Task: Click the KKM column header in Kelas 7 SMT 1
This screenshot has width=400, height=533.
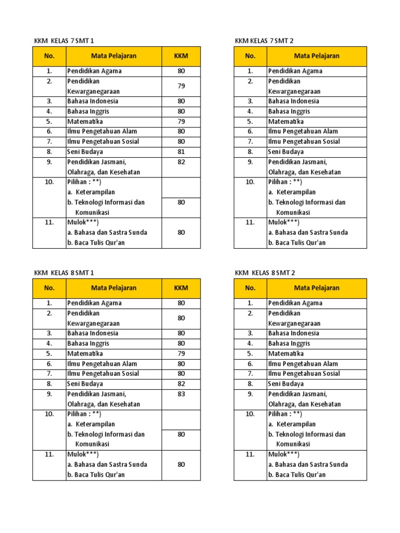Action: coord(181,56)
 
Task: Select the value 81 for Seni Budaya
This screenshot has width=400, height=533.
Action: coord(181,152)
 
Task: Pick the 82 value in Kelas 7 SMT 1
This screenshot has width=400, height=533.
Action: coord(181,162)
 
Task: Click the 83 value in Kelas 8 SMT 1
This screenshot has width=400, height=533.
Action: coord(181,394)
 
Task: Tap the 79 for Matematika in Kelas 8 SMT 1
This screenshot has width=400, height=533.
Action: coord(181,354)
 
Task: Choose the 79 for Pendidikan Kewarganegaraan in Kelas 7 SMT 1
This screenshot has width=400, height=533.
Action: coord(181,86)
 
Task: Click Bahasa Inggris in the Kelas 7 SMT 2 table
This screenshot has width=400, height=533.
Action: coord(289,111)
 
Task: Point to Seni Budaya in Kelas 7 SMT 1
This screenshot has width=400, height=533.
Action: coord(85,152)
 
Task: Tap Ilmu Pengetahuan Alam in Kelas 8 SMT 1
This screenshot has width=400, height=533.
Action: coord(102,364)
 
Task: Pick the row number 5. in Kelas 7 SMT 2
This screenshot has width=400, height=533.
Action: coord(250,121)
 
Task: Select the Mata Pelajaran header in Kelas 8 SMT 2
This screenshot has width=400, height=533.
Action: coord(317,288)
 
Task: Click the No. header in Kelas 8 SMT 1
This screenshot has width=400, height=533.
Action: coord(49,288)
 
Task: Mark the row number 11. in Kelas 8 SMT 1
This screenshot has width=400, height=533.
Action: coord(49,454)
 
